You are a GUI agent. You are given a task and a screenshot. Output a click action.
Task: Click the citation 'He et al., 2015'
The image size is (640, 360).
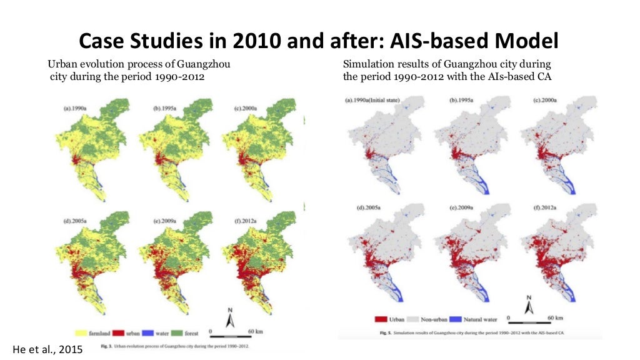(47, 349)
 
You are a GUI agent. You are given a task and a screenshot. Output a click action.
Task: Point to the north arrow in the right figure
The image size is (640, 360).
(529, 306)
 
